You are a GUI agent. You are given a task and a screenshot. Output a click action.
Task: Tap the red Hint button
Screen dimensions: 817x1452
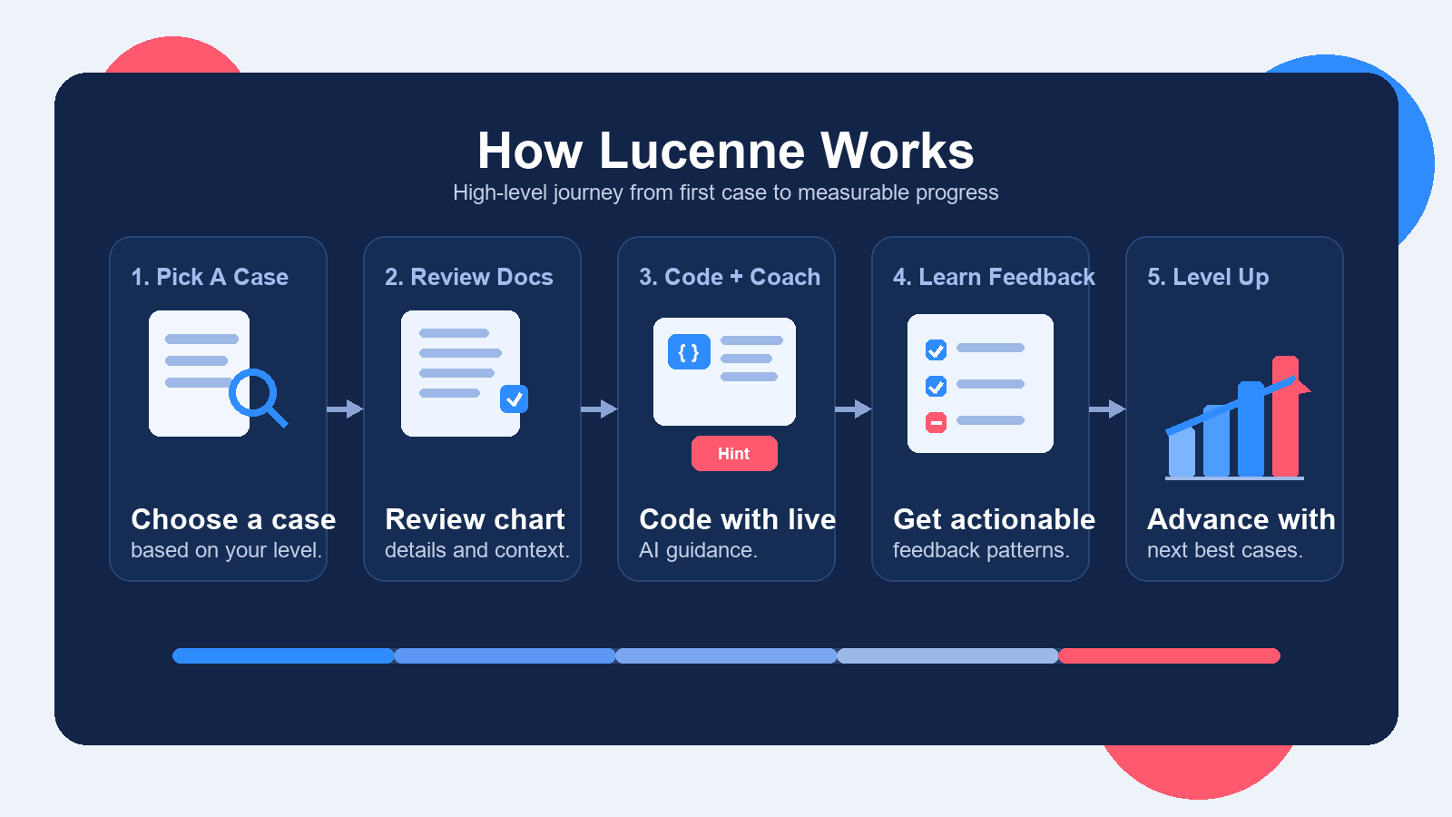tap(734, 454)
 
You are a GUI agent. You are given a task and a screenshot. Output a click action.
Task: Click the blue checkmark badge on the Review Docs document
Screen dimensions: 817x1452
tap(514, 399)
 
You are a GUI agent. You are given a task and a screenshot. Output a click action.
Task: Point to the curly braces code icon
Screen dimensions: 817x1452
tap(689, 352)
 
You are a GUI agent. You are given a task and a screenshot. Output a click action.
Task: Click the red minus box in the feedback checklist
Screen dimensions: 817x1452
tap(936, 422)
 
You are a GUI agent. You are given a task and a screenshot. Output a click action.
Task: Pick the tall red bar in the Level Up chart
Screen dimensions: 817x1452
tap(1285, 418)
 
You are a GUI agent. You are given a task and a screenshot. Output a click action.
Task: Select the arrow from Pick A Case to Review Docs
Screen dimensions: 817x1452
tap(345, 409)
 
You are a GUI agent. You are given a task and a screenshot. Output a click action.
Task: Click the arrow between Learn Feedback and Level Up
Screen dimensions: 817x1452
tap(1107, 409)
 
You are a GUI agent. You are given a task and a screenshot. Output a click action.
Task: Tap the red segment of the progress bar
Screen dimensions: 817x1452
tap(1169, 655)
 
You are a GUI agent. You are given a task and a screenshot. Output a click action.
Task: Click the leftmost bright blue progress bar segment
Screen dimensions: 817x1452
tap(283, 655)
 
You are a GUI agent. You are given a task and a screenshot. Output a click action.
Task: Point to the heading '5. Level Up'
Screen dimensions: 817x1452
tap(1208, 277)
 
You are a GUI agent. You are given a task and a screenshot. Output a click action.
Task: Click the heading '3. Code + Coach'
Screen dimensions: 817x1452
tap(729, 277)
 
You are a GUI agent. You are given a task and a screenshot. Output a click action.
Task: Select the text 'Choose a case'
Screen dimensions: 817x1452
tap(233, 519)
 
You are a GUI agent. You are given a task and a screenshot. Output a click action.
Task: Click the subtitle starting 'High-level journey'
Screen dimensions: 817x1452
tap(726, 192)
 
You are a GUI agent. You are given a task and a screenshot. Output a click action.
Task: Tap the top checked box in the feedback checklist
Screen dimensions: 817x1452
tap(936, 350)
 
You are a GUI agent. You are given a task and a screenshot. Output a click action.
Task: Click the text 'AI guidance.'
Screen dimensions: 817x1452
tap(698, 550)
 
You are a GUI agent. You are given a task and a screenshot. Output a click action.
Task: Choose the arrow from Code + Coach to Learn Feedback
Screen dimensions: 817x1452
tap(853, 409)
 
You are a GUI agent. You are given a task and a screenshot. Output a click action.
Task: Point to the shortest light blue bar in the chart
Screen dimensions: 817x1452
tap(1182, 452)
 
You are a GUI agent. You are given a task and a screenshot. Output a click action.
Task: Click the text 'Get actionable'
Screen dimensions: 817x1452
tap(994, 519)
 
